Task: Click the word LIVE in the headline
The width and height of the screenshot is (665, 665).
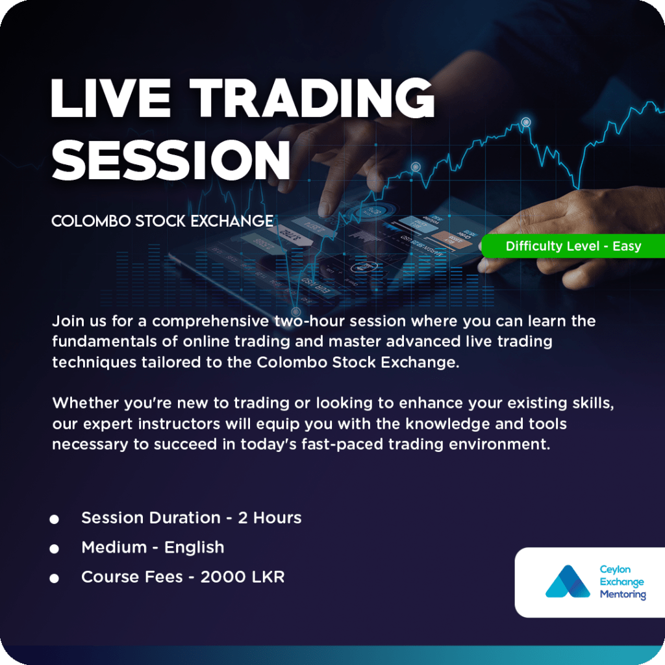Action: click(x=110, y=98)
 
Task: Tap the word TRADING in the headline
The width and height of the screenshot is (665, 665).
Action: click(x=312, y=98)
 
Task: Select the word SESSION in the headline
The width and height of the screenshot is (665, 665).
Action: click(x=171, y=160)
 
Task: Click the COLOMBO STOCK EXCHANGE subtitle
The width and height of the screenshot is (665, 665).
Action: click(x=162, y=221)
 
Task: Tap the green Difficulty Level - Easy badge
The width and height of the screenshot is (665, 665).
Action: click(x=573, y=246)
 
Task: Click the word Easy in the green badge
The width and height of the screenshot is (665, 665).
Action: click(x=627, y=246)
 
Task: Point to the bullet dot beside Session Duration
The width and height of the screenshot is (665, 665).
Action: click(x=54, y=519)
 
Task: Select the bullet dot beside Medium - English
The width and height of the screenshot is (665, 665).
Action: click(x=54, y=549)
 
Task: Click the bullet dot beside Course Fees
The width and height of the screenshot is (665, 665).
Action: click(x=54, y=578)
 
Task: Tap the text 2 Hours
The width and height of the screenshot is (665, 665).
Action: click(x=270, y=518)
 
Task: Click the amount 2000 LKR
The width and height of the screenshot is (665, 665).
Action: click(x=242, y=577)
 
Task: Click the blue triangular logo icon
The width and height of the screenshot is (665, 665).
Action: click(x=568, y=581)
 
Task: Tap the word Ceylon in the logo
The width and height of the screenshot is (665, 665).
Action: click(x=615, y=570)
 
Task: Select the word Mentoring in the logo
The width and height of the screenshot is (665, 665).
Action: click(x=623, y=595)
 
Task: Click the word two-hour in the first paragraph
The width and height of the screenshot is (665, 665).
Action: click(x=309, y=321)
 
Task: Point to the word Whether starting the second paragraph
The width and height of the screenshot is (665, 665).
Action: click(x=86, y=403)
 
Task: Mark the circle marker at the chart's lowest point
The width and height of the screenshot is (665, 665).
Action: click(x=296, y=312)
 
